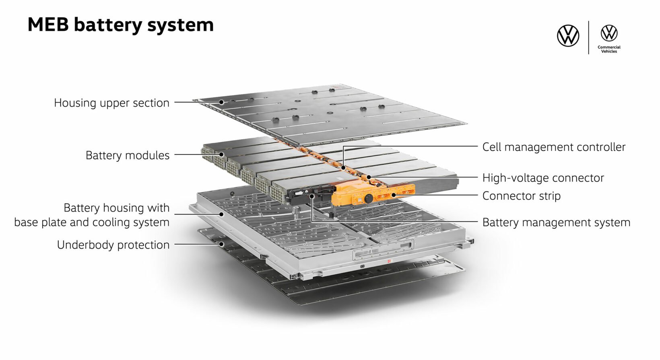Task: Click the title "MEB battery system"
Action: click(120, 25)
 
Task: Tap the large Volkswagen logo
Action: click(568, 36)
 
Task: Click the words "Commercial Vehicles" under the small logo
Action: click(609, 49)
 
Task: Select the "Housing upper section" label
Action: click(111, 103)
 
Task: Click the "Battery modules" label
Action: click(128, 156)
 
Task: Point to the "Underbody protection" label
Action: click(113, 245)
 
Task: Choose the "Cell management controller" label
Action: click(554, 147)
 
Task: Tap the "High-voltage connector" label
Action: click(543, 178)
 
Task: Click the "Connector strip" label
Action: click(521, 196)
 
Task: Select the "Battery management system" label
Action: click(556, 222)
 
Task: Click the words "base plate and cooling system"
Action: click(92, 222)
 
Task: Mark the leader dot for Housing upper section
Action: click(221, 102)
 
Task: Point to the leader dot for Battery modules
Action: click(221, 154)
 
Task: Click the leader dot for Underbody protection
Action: click(221, 244)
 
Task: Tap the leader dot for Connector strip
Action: click(393, 195)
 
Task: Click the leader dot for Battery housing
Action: click(221, 214)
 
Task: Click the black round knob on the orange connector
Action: click(368, 198)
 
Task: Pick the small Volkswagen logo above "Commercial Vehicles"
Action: click(609, 33)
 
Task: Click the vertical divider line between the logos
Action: click(588, 37)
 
